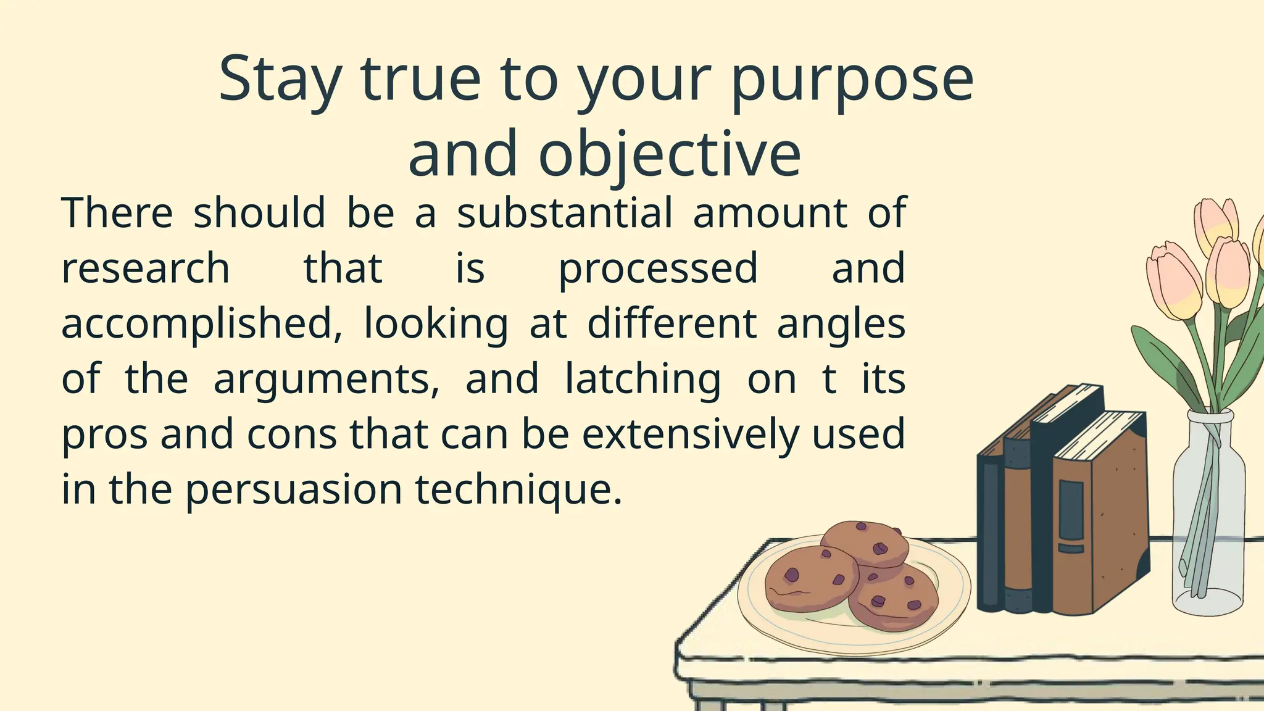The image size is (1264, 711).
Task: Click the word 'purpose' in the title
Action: pos(852,80)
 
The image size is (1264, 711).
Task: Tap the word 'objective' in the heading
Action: pos(670,154)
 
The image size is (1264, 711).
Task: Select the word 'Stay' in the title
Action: pos(280,80)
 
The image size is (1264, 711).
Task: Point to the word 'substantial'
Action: pos(564,213)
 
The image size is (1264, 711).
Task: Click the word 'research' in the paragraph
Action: pos(146,268)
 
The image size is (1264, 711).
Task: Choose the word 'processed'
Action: pos(658,268)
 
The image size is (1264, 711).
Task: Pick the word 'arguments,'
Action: pos(326,379)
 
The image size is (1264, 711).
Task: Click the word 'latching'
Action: pos(642,379)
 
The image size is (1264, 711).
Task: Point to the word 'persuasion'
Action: pos(294,489)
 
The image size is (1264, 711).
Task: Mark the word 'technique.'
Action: pos(518,489)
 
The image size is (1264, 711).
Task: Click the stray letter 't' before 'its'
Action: pos(829,379)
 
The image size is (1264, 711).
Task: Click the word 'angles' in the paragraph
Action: pos(841,324)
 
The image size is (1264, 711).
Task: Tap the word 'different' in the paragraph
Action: pos(671,324)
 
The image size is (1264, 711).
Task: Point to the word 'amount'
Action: pos(770,213)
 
